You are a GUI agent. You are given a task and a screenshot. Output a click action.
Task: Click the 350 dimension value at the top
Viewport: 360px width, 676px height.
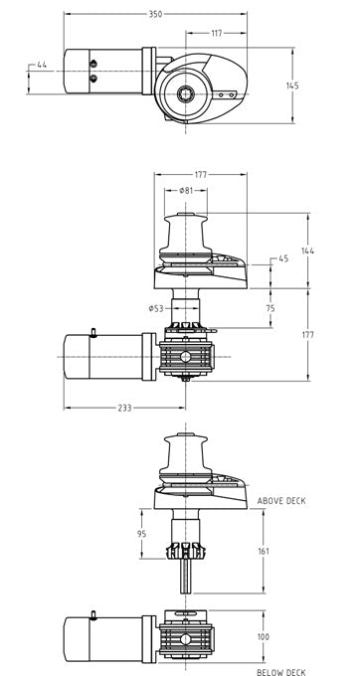tap(155, 14)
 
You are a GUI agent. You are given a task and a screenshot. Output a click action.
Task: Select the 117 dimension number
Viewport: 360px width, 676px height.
tap(217, 33)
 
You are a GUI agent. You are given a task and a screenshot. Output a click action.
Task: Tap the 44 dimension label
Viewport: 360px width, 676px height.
tap(42, 65)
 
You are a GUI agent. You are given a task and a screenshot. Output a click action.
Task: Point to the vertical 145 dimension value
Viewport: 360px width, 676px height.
tap(292, 85)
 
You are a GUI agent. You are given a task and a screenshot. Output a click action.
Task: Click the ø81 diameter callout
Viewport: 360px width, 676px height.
tap(186, 191)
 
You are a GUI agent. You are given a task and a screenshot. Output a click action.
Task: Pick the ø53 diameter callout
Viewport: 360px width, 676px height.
tap(156, 308)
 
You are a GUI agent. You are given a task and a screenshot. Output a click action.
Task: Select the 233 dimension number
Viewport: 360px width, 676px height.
tap(124, 408)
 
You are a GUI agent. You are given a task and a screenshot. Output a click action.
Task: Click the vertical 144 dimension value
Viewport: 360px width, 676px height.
tap(307, 251)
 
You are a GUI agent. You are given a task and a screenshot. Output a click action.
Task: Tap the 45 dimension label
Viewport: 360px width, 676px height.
tap(283, 258)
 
